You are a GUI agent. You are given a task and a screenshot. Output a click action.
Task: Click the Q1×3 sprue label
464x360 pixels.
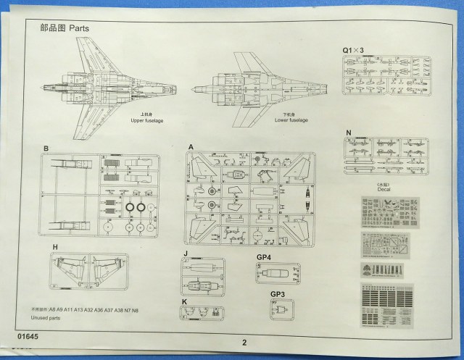(x=354, y=50)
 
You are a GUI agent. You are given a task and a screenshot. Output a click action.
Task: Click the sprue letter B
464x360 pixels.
(x=46, y=148)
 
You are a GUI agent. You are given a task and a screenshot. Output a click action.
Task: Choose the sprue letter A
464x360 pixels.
(x=191, y=148)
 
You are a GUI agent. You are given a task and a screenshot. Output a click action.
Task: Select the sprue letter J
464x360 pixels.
(x=186, y=254)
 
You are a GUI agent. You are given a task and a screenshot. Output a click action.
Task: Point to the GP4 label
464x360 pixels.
(x=263, y=257)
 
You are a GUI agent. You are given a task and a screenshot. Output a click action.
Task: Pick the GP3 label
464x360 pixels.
(x=278, y=294)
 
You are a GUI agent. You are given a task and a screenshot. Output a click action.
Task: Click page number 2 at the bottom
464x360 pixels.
(x=244, y=343)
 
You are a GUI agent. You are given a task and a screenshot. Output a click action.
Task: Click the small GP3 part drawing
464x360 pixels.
(x=278, y=309)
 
